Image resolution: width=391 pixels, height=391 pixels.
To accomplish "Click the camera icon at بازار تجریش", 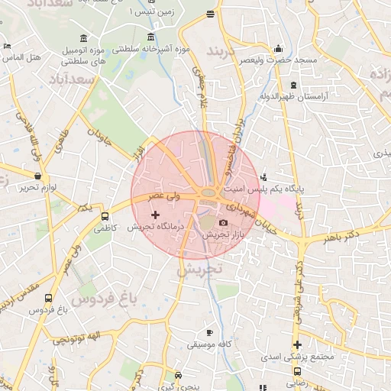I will [x=223, y=222].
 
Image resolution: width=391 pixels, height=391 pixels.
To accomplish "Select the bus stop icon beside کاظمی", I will [x=105, y=215].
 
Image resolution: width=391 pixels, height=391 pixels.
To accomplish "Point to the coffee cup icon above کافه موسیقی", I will [x=210, y=333].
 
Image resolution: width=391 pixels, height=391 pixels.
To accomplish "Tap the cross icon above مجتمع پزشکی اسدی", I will [x=297, y=344].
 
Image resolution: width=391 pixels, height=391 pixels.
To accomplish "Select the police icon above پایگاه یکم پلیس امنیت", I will [x=264, y=176].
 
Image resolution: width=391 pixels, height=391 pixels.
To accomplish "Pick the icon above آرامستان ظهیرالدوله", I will [x=293, y=85].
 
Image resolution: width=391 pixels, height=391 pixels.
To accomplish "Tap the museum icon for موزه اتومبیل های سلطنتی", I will [x=82, y=39].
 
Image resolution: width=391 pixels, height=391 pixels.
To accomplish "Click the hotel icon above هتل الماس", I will [x=7, y=46].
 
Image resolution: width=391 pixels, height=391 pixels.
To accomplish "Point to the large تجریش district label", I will [x=199, y=270].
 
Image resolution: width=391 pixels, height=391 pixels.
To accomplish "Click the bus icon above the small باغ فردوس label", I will [x=49, y=299].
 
